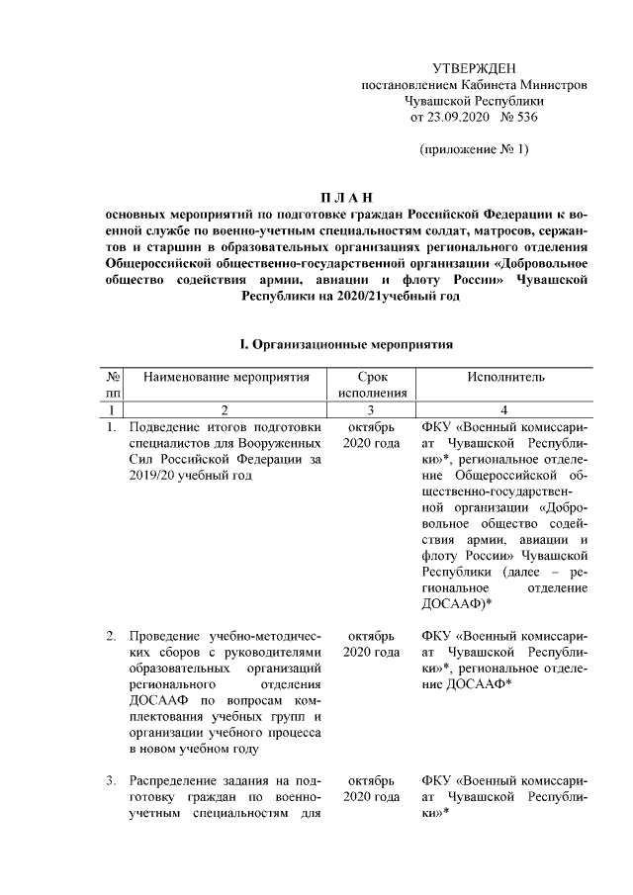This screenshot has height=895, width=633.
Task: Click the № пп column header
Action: pos(114,385)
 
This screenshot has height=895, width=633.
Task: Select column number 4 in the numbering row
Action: pos(505,409)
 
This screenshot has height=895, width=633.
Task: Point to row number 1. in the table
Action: pos(112,427)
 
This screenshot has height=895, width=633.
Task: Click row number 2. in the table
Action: pos(112,635)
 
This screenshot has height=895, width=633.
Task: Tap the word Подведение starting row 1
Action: pos(164,427)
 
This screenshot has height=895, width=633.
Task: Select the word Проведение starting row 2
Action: pos(167,635)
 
